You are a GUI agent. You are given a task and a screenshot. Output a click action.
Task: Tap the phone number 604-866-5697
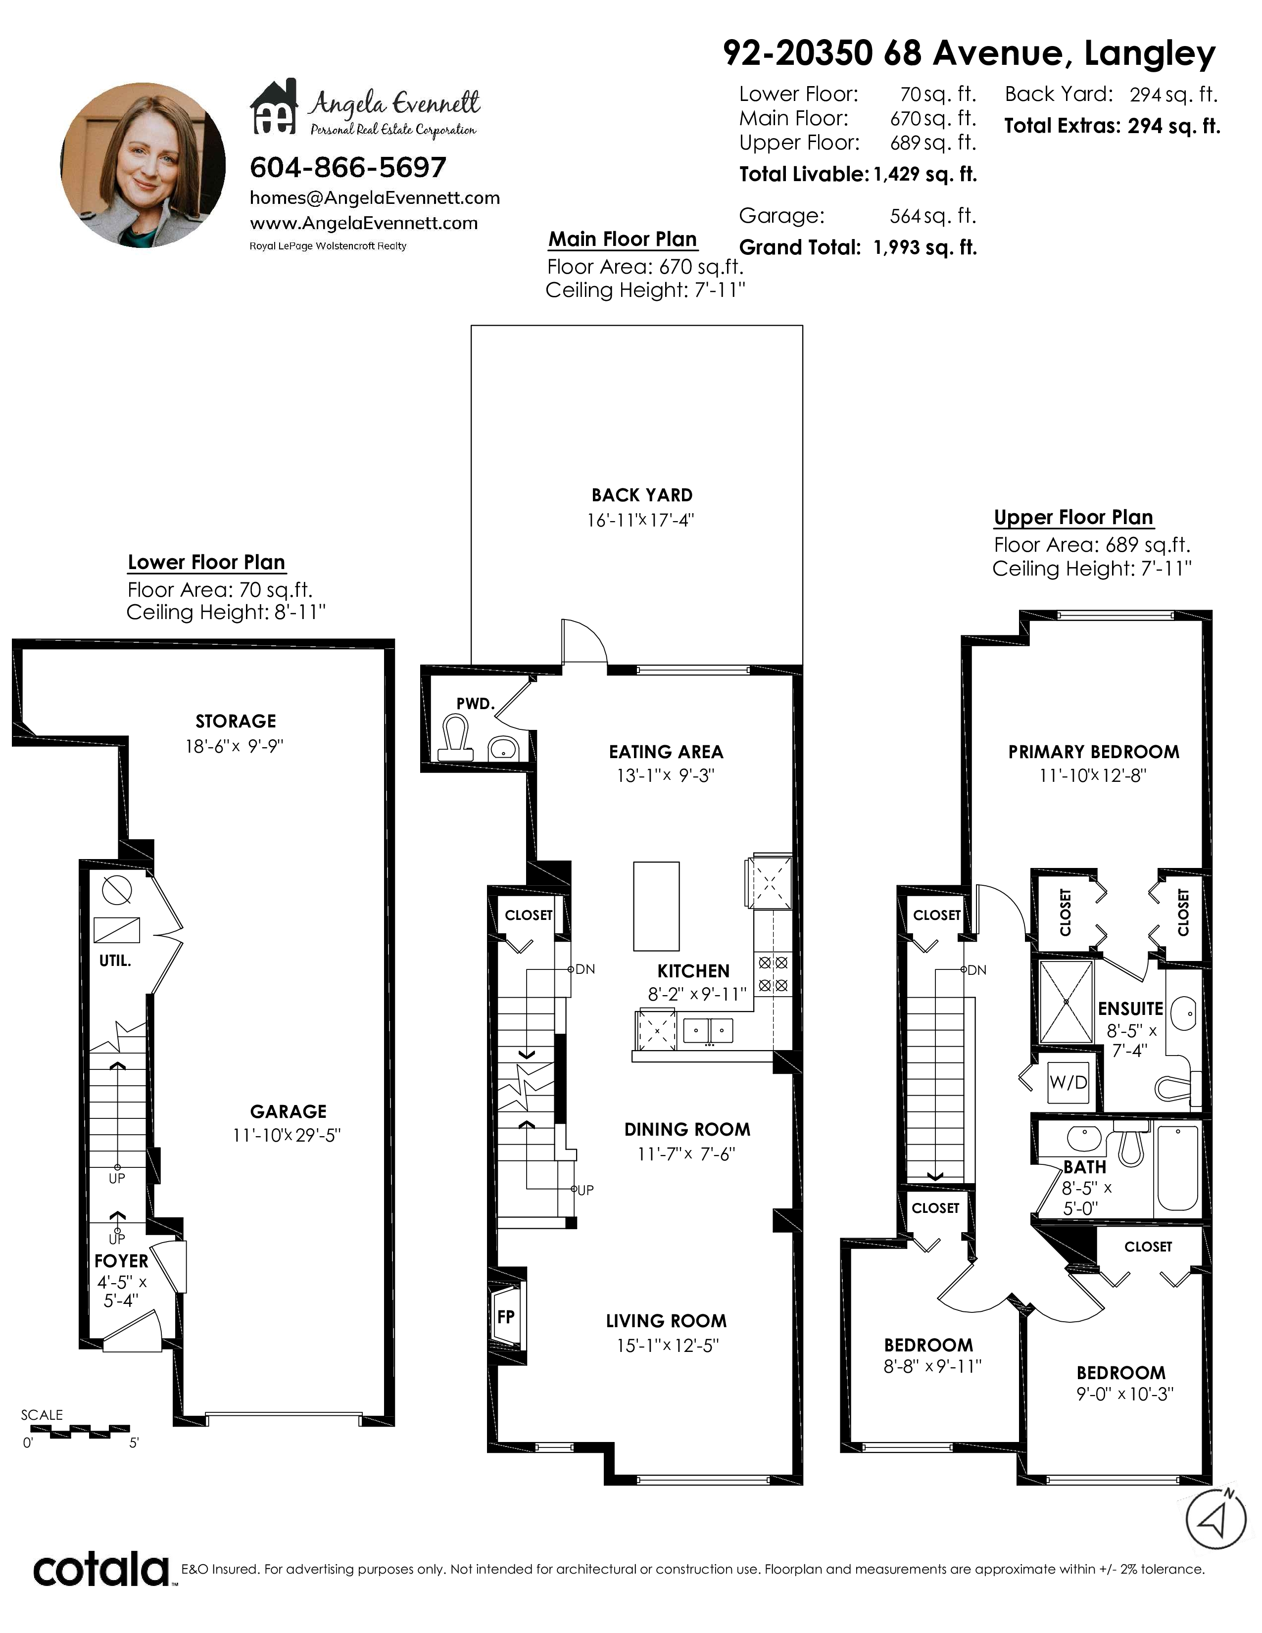click(x=347, y=167)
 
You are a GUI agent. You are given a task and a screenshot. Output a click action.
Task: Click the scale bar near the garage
click(x=81, y=1432)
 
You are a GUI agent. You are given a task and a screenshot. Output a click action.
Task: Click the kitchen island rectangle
click(x=656, y=906)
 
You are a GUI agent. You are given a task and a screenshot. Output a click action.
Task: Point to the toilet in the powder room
click(x=455, y=739)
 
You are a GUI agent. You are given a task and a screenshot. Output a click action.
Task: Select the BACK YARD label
click(x=642, y=495)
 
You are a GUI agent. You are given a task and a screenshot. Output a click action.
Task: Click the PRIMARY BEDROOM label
click(x=1094, y=752)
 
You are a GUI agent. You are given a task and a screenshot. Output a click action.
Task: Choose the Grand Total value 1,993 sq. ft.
click(x=925, y=247)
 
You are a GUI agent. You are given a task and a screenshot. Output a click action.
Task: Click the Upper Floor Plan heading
click(x=1073, y=518)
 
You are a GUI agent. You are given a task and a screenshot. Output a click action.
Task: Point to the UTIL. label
click(x=115, y=961)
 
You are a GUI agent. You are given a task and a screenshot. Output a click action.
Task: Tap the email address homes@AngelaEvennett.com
click(x=375, y=198)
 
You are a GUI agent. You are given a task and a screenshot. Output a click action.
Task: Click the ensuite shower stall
click(x=1066, y=1001)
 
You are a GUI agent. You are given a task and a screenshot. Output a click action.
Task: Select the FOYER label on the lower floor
click(x=121, y=1261)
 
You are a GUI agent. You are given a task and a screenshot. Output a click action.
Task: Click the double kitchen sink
click(x=709, y=1030)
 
